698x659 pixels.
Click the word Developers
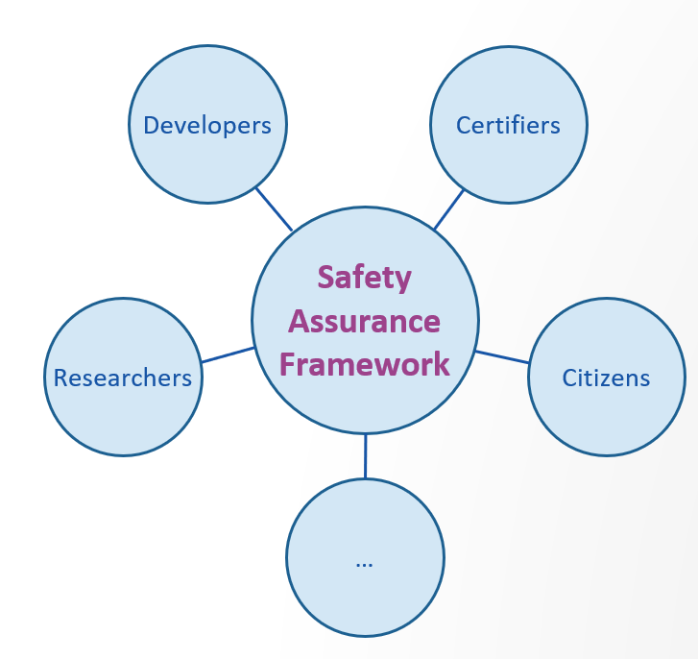pyautogui.click(x=207, y=126)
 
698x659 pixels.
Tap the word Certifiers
pyautogui.click(x=508, y=125)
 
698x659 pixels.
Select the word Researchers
pyautogui.click(x=123, y=378)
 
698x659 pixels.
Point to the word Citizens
pyautogui.click(x=606, y=378)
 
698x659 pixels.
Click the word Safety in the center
pyautogui.click(x=365, y=279)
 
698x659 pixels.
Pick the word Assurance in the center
pyautogui.click(x=364, y=322)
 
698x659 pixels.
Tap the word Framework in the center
pyautogui.click(x=365, y=364)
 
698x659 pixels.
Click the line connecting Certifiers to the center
pyautogui.click(x=448, y=209)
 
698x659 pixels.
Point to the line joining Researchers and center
pyautogui.click(x=228, y=354)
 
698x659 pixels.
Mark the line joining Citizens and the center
pyautogui.click(x=502, y=357)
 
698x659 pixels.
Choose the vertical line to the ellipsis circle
pyautogui.click(x=366, y=456)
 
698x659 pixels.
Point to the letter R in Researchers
pyautogui.click(x=60, y=378)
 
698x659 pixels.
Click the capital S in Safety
pyautogui.click(x=325, y=277)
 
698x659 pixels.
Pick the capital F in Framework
pyautogui.click(x=287, y=364)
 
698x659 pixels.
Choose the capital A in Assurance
pyautogui.click(x=299, y=322)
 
